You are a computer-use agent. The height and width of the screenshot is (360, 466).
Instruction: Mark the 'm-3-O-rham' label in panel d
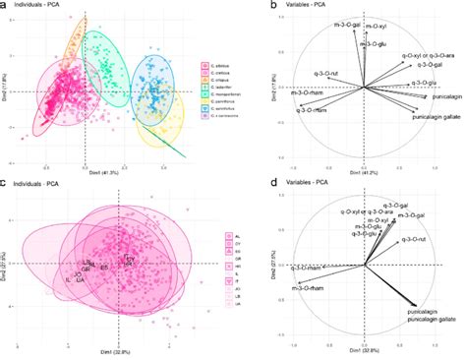(309, 287)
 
